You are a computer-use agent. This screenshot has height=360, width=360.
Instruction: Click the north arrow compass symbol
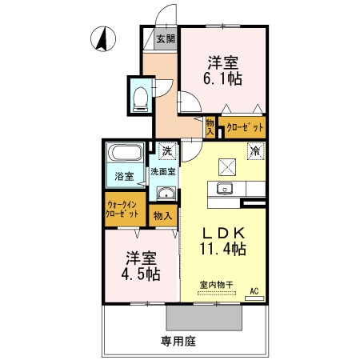(x=102, y=38)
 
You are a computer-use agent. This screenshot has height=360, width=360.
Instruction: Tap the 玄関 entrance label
(x=166, y=38)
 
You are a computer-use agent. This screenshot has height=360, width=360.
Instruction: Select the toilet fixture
(x=140, y=96)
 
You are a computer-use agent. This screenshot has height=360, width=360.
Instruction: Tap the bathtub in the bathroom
(x=124, y=154)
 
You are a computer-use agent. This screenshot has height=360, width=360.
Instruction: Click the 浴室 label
(x=123, y=176)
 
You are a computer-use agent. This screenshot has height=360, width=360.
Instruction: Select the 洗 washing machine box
(x=167, y=150)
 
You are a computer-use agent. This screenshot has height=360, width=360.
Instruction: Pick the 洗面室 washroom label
(x=164, y=172)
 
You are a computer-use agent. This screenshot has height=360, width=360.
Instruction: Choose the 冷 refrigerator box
(x=255, y=150)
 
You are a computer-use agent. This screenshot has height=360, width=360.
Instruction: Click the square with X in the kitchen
(x=228, y=166)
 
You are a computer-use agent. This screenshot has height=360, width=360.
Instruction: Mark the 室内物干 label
(x=216, y=286)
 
